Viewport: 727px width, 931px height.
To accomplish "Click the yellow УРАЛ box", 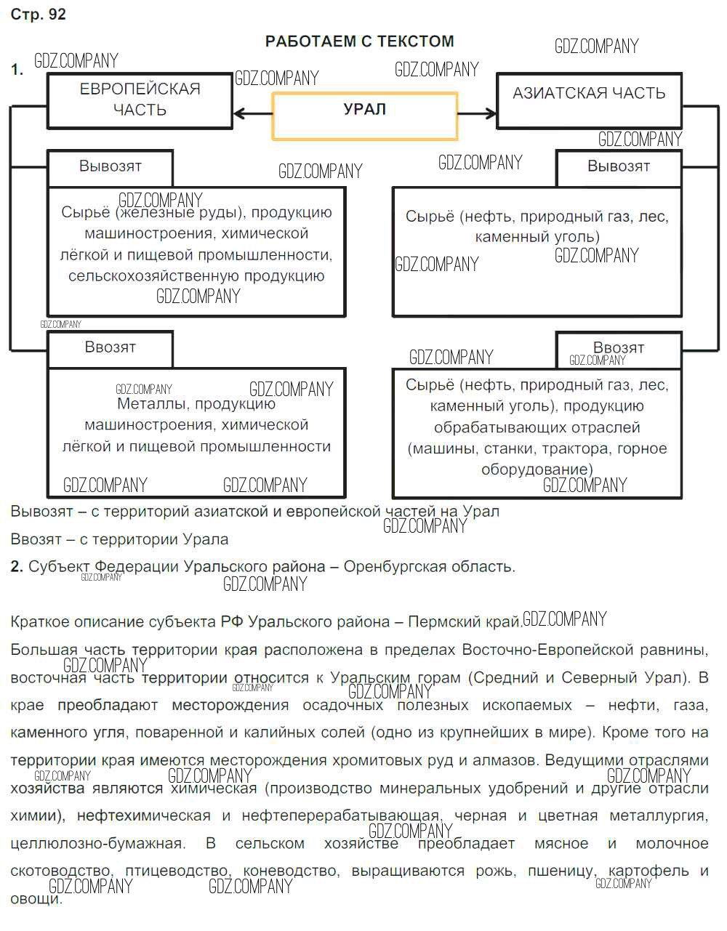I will (364, 115).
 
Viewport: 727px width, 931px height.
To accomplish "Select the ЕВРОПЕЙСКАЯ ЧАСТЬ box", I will (140, 100).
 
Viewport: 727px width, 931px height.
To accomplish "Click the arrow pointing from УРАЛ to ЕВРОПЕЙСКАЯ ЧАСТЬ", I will (252, 113).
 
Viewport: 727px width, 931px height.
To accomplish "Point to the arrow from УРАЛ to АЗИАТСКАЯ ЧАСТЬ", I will (477, 113).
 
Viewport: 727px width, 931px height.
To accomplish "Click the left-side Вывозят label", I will (111, 166).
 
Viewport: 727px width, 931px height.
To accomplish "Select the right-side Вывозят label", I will (618, 166).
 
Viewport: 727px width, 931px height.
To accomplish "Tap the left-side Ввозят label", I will (111, 347).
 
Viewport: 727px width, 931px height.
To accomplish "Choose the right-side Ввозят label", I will (618, 347).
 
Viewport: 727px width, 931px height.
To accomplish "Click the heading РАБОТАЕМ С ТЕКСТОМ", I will (359, 41).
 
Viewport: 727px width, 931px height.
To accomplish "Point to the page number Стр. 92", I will (38, 15).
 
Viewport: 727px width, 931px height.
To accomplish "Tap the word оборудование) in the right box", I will (537, 469).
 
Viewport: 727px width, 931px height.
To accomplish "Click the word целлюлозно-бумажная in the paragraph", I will (97, 843).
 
